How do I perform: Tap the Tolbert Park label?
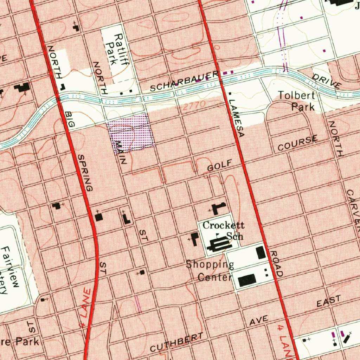tap(297, 101)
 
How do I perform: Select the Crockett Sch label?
tap(224, 231)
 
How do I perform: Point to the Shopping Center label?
tap(210, 270)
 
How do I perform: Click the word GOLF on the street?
tap(220, 165)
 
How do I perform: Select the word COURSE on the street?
tap(297, 143)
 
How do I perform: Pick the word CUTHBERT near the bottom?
tap(176, 342)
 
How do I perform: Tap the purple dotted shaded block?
tap(131, 134)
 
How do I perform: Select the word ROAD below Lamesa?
tap(276, 264)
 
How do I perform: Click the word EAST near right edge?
tap(329, 301)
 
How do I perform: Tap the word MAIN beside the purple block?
tap(121, 153)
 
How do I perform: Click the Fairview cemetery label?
tap(10, 269)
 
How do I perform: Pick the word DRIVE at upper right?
tap(327, 81)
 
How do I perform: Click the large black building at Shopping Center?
tap(247, 281)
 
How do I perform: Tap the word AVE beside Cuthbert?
tap(259, 320)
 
